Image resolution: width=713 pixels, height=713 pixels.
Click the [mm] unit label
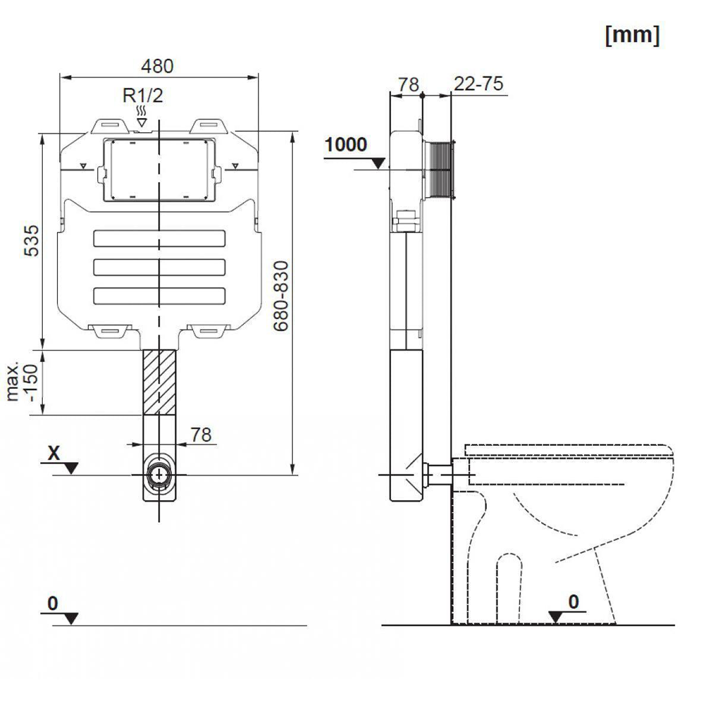click(x=632, y=35)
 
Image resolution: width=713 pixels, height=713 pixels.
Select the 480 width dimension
click(x=158, y=66)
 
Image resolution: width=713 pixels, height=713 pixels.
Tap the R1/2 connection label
click(x=143, y=96)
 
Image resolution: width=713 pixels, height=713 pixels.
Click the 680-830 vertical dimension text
click(x=281, y=296)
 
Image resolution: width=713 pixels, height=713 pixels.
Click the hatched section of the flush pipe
click(x=159, y=382)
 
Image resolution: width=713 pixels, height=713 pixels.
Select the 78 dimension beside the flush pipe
click(x=201, y=434)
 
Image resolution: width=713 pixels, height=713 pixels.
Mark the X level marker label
click(x=54, y=453)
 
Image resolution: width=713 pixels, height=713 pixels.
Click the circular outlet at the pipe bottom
click(x=159, y=474)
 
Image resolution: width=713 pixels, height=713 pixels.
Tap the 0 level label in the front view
click(x=53, y=603)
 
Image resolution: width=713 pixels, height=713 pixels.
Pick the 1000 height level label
click(x=345, y=144)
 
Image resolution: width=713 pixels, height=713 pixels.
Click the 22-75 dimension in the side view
click(x=478, y=84)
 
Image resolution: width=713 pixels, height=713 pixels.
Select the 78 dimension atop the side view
click(x=408, y=84)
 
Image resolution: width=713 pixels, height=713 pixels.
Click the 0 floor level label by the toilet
click(x=573, y=602)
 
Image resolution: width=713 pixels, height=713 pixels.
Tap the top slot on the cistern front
click(x=159, y=239)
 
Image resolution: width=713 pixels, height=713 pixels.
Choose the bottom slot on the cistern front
click(x=159, y=295)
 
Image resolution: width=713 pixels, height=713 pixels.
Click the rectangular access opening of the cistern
click(x=159, y=169)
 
